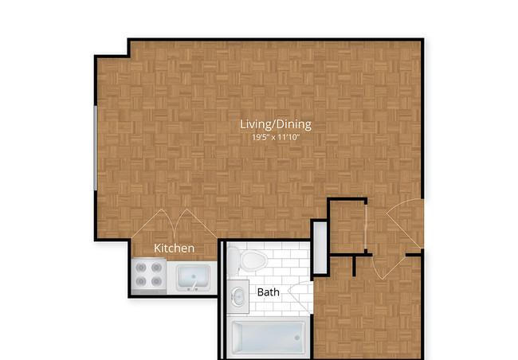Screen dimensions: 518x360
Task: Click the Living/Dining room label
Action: click(276, 124)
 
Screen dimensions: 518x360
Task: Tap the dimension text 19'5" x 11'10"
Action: click(276, 137)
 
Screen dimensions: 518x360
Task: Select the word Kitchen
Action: click(174, 248)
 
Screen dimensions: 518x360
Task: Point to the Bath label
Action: click(269, 292)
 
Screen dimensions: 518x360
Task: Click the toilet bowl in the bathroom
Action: click(253, 260)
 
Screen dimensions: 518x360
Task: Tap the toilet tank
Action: click(233, 261)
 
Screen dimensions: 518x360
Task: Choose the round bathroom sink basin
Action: click(238, 296)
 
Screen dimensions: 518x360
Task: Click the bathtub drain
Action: click(297, 338)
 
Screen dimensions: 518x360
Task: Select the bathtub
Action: click(269, 338)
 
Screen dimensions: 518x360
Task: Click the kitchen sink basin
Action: click(194, 277)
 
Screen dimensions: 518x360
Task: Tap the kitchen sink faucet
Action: click(194, 286)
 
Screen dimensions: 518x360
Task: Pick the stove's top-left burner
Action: click(141, 267)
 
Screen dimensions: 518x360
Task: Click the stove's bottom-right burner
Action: click(156, 281)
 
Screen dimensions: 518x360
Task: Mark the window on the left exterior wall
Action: click(96, 148)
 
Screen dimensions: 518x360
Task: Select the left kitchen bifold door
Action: click(153, 223)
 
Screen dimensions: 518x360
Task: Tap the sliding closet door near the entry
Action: click(366, 228)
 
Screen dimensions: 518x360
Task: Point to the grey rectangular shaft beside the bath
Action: click(320, 248)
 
